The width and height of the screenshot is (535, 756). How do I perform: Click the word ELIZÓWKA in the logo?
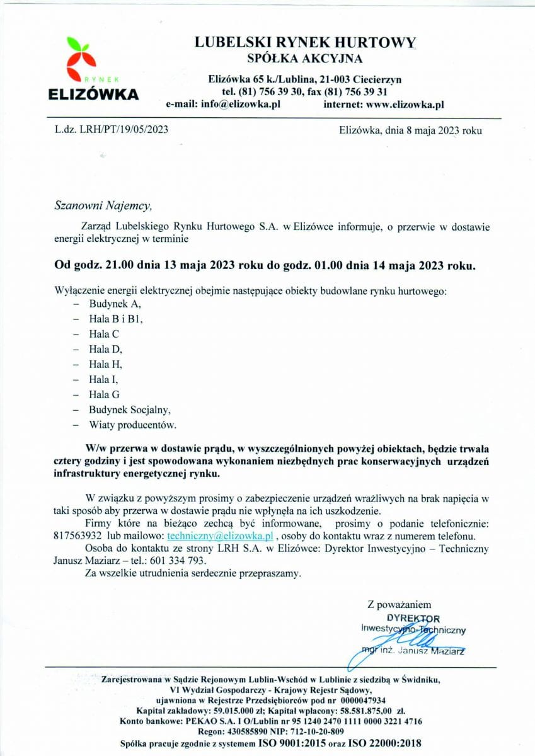pyautogui.click(x=94, y=94)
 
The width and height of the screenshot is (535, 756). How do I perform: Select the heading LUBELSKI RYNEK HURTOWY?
pyautogui.click(x=305, y=42)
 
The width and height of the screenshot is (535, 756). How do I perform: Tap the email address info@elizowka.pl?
pyautogui.click(x=240, y=105)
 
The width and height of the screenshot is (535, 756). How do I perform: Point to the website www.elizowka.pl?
pyautogui.click(x=405, y=105)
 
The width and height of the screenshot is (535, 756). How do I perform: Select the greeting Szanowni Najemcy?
pyautogui.click(x=103, y=205)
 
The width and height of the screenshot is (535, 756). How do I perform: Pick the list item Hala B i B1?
pyautogui.click(x=116, y=319)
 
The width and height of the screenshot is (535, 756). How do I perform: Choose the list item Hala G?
pyautogui.click(x=104, y=395)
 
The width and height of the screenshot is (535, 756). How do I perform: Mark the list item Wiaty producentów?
pyautogui.click(x=132, y=425)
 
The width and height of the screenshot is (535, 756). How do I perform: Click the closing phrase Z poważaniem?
pyautogui.click(x=399, y=605)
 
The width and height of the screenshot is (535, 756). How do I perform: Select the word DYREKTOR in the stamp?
pyautogui.click(x=413, y=618)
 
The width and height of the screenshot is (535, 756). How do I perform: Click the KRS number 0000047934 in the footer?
pyautogui.click(x=360, y=700)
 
